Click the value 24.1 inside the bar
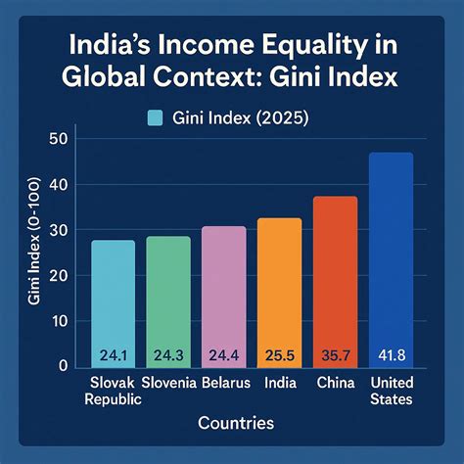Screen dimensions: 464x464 pyautogui.click(x=114, y=353)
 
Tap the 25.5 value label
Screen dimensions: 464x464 pyautogui.click(x=279, y=353)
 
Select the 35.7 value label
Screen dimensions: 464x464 pyautogui.click(x=335, y=353)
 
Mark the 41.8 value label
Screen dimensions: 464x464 pyautogui.click(x=391, y=353)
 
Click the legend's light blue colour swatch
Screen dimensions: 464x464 pyautogui.click(x=154, y=118)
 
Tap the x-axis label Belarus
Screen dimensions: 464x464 pyautogui.click(x=226, y=382)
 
